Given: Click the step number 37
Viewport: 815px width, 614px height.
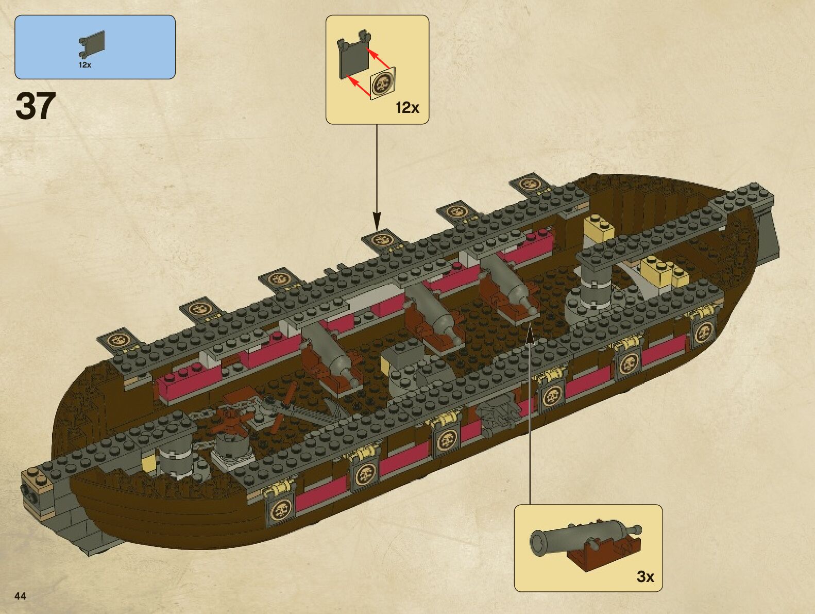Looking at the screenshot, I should tap(36, 106).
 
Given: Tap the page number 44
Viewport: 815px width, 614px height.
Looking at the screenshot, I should tap(20, 596).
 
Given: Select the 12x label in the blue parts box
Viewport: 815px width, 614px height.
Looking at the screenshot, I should tap(85, 65).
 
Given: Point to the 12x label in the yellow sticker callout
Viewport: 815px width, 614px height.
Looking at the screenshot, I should tap(407, 108).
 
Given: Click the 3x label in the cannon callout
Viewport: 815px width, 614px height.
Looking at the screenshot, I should tap(645, 576).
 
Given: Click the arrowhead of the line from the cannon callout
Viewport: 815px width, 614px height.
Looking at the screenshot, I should tap(530, 333).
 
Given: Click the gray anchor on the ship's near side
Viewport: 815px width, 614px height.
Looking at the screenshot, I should tap(497, 412).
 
